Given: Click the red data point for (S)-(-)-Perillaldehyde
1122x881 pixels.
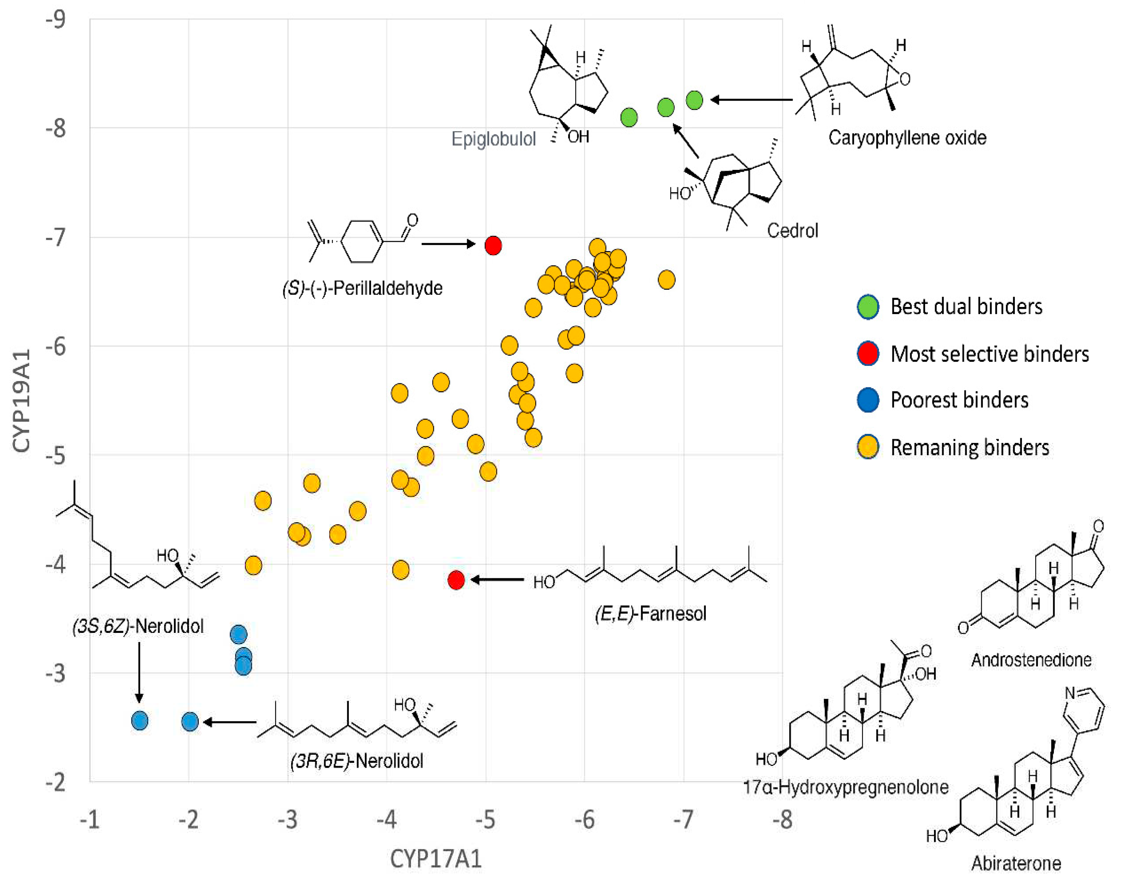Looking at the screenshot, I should (493, 245).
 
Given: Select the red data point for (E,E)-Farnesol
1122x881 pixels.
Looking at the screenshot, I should (456, 580).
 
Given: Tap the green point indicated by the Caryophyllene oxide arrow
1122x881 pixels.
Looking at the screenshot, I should (694, 100).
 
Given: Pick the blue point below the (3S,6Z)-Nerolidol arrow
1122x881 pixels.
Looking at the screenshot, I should (140, 720).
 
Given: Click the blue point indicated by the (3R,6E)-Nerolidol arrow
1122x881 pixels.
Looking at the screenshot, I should (190, 722).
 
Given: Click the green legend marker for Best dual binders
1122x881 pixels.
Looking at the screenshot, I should (868, 307).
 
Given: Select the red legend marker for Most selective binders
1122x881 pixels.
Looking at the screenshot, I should (868, 354).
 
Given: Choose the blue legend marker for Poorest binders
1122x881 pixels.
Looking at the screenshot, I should (868, 400).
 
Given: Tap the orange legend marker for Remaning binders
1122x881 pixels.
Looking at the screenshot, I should (868, 447).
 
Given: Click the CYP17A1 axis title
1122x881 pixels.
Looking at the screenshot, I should (436, 859).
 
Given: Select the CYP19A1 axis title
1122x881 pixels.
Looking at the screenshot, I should (22, 401).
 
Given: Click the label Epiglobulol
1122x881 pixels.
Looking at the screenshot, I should (493, 139).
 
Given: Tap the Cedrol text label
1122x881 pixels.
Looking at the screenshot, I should (792, 231).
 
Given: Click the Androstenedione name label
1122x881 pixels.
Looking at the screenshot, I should (1031, 660).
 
